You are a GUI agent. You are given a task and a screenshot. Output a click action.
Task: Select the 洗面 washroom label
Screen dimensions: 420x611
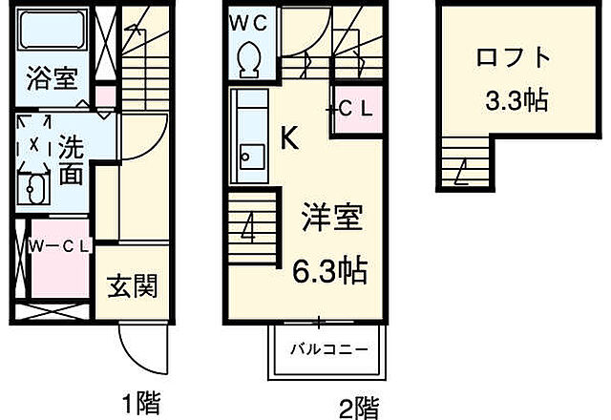[x=69, y=159]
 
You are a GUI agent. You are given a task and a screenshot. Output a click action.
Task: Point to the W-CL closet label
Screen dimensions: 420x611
[x=58, y=245]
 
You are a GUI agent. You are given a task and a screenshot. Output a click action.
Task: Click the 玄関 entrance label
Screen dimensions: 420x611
[x=131, y=284]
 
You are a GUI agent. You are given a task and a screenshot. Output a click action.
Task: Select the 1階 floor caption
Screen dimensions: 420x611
[x=140, y=402]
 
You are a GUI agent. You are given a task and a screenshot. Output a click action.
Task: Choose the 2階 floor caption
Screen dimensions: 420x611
[x=359, y=409]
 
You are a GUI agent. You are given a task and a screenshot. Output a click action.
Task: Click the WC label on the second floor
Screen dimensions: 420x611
[x=250, y=20]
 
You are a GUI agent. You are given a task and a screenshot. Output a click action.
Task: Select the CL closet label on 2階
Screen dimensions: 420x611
[x=354, y=110]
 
